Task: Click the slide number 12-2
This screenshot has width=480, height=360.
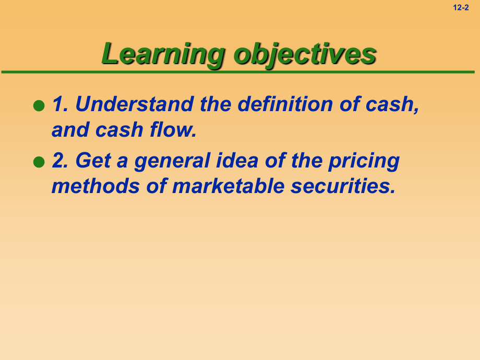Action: pos(461,8)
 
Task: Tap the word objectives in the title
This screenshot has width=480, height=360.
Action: pos(305,54)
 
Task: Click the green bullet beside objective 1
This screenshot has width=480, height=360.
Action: pos(39,105)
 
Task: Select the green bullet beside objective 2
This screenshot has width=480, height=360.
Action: pos(39,162)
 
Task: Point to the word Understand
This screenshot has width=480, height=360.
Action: pos(135,104)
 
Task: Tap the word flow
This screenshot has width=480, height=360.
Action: pos(173,129)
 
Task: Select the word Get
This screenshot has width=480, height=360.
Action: pos(93,160)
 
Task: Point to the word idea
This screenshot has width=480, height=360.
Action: pos(237,160)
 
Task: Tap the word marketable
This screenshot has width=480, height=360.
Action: pos(229,186)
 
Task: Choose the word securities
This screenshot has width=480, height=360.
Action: pos(343,186)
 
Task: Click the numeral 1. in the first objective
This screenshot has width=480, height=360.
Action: pos(60,104)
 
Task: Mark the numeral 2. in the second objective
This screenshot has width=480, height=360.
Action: pos(60,160)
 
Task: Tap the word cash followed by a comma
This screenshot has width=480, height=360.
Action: pos(392,105)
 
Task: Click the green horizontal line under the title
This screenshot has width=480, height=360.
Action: pos(238,72)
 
